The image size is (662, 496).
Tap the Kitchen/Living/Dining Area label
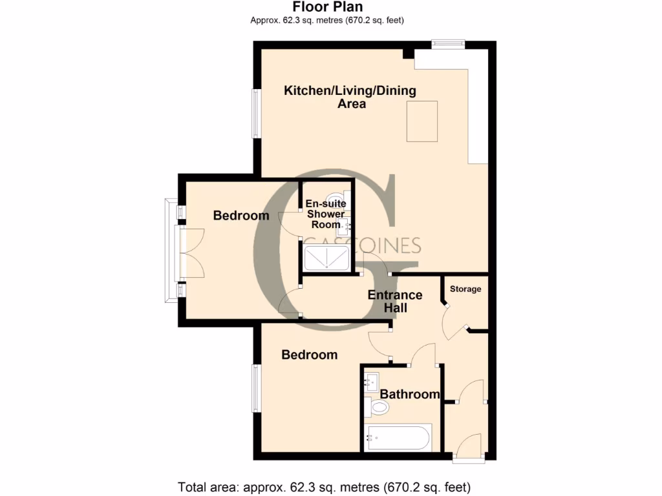pos(350,97)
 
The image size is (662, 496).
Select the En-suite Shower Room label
pos(326,214)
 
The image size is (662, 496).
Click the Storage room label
pos(465,289)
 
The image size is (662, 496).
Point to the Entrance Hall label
pos(395,302)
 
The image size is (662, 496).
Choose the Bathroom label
pos(410,394)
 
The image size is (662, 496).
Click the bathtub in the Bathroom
pos(398,437)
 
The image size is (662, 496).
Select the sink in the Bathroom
pos(372,381)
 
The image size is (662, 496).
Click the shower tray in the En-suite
pos(328,258)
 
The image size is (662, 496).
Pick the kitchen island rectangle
pos(422,121)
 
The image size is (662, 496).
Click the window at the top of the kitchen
pos(448,44)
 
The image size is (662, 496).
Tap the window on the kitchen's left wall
pos(256,113)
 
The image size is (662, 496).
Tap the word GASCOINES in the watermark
pos(362,245)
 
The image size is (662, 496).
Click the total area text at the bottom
pos(324,486)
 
